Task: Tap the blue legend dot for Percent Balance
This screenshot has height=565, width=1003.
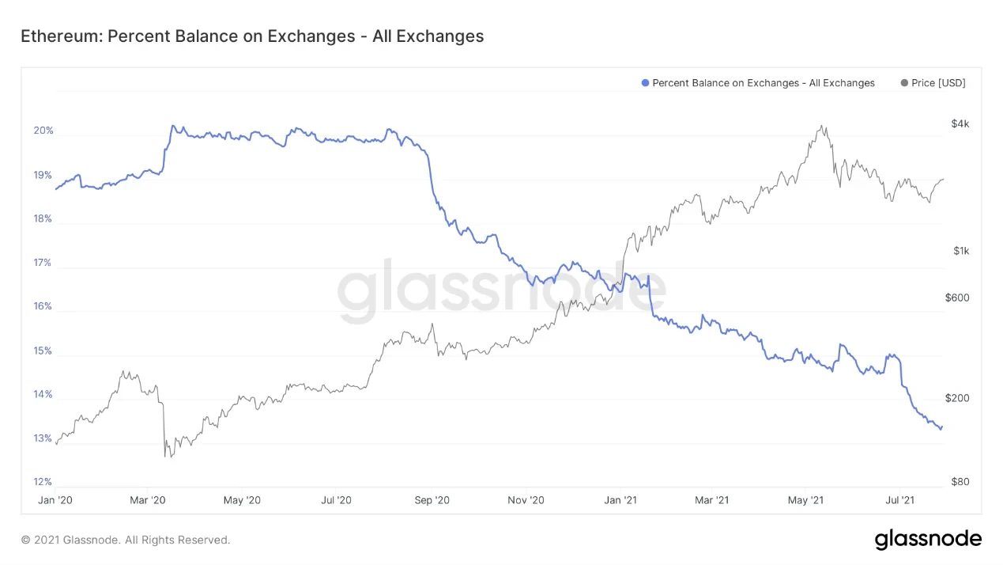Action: (x=645, y=83)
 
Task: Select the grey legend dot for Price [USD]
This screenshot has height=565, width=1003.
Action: (x=904, y=83)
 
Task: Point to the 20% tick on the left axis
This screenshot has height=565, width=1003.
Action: (x=43, y=131)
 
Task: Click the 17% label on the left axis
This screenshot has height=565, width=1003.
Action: (x=43, y=263)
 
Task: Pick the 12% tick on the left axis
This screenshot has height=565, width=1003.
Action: (x=43, y=482)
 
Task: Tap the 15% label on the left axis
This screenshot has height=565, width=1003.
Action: (x=43, y=351)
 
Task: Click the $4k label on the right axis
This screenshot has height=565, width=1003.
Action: (x=960, y=123)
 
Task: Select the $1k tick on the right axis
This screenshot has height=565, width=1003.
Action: (x=960, y=251)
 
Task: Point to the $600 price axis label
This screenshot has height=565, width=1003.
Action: (x=957, y=298)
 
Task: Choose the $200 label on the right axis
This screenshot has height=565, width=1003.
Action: (x=957, y=398)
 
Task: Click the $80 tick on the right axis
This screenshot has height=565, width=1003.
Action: (x=960, y=482)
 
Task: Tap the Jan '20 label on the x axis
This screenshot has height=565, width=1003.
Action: (x=55, y=500)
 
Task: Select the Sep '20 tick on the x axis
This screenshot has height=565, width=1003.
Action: (x=432, y=500)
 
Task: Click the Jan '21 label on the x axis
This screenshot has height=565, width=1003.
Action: (x=620, y=500)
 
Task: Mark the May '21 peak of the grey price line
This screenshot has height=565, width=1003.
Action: (x=822, y=126)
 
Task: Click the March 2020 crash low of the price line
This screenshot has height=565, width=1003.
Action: (x=165, y=457)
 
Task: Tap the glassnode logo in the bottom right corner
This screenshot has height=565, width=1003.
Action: (x=927, y=540)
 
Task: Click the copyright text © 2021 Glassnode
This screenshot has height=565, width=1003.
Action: (x=126, y=540)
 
